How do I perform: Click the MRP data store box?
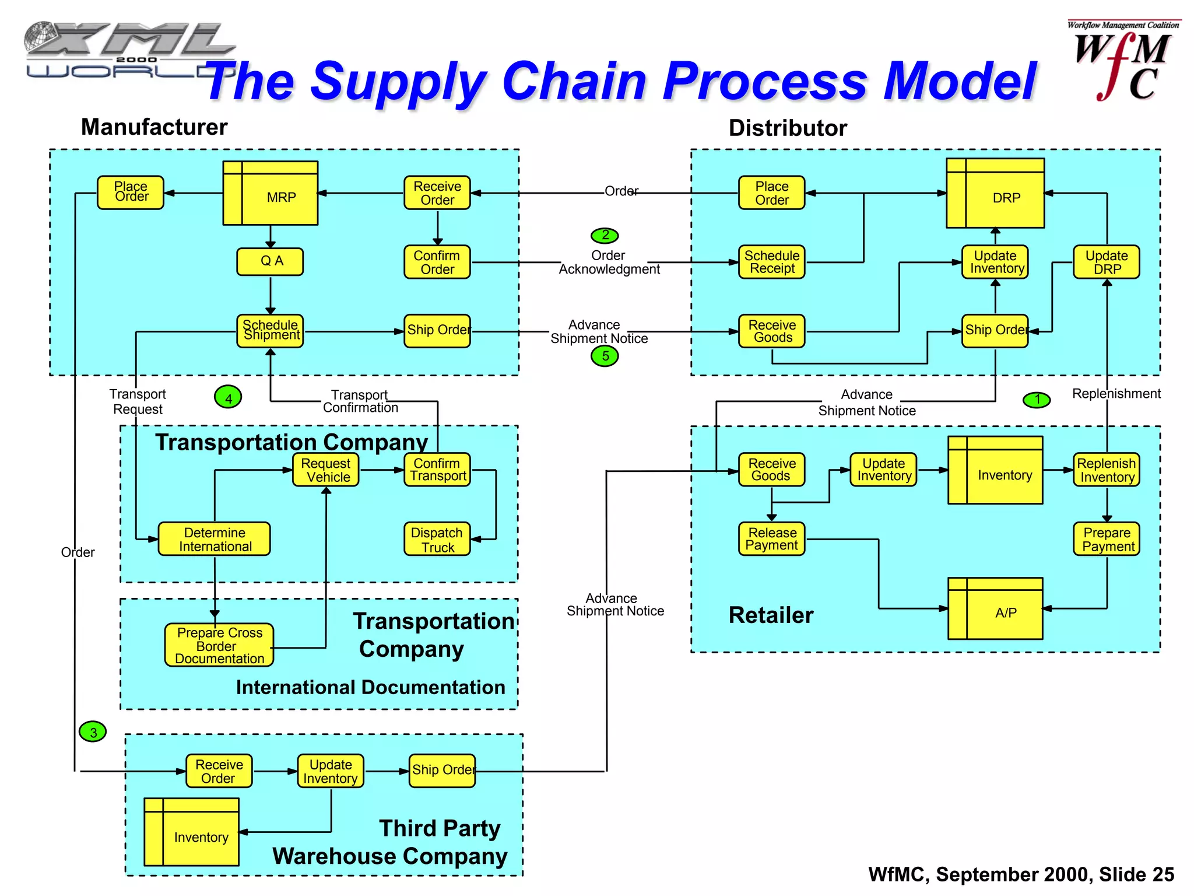click(x=271, y=193)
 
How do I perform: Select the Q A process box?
click(x=270, y=261)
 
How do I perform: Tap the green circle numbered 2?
click(x=605, y=235)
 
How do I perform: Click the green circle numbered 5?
click(x=605, y=356)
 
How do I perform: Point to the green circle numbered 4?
click(x=228, y=398)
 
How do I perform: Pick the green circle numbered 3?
click(x=93, y=731)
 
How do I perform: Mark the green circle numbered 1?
click(x=1037, y=400)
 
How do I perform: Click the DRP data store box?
click(x=995, y=193)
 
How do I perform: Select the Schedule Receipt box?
click(x=771, y=262)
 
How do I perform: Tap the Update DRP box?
click(x=1106, y=262)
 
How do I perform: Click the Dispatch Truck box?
click(x=437, y=539)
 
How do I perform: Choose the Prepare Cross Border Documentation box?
click(x=219, y=645)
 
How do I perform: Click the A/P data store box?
click(x=995, y=608)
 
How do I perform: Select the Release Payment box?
click(x=771, y=539)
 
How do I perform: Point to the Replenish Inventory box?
click(x=1106, y=470)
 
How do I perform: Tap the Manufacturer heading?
click(x=154, y=127)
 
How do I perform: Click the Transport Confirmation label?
click(x=360, y=401)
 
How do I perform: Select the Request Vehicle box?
click(x=325, y=470)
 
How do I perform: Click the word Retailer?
click(x=771, y=615)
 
